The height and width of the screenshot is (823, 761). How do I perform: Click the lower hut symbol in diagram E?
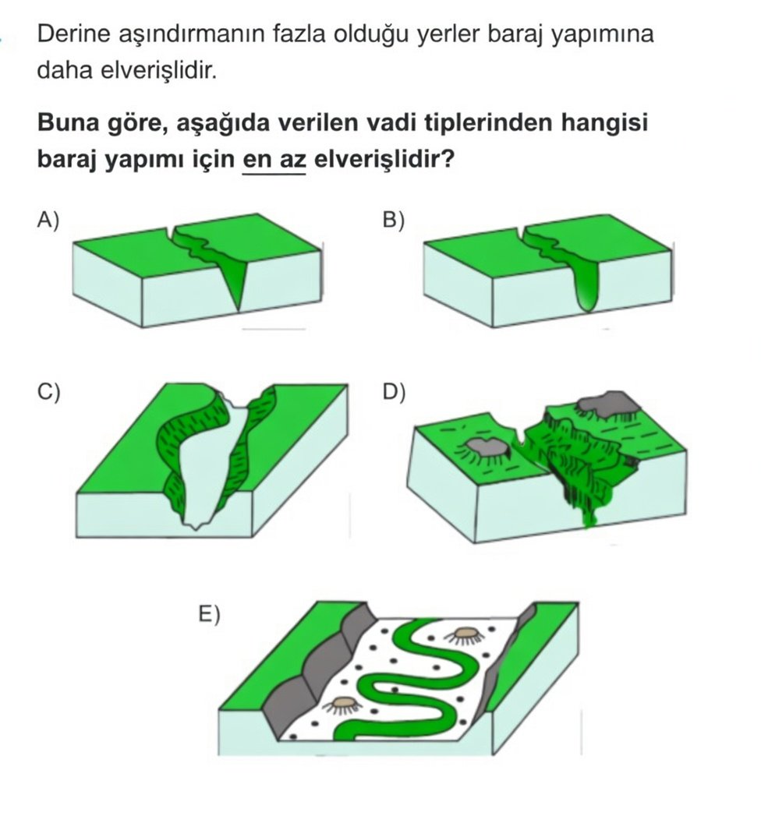[x=342, y=704]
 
